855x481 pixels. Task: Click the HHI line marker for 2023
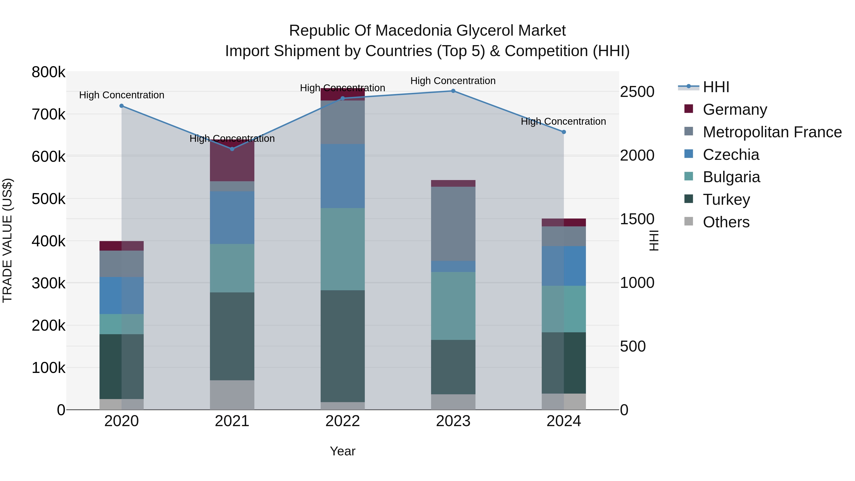[x=453, y=91]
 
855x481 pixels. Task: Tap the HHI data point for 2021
[x=232, y=149]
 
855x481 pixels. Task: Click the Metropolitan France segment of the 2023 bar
[x=453, y=224]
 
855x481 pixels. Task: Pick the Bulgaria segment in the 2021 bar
[x=232, y=268]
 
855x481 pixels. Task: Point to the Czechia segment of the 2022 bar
[x=342, y=176]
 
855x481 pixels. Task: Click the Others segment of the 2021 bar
[x=232, y=395]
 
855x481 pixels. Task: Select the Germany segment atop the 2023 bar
[x=453, y=183]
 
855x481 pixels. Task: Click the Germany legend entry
[x=735, y=110]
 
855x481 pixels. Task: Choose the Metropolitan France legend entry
[x=772, y=132]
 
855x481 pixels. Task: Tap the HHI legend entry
[x=716, y=87]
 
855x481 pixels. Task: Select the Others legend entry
[x=726, y=222]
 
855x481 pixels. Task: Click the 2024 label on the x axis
[x=564, y=421]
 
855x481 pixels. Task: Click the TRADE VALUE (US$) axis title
[x=7, y=240]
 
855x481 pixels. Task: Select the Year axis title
[x=342, y=451]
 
